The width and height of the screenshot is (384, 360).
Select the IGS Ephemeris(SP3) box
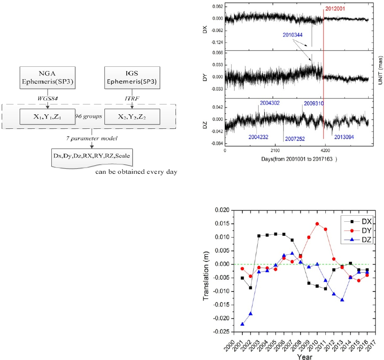pyautogui.click(x=132, y=78)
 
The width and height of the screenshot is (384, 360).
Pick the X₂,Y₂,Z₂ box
pyautogui.click(x=132, y=116)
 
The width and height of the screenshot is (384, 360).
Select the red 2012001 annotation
pyautogui.click(x=337, y=8)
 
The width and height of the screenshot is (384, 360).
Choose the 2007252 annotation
pyautogui.click(x=296, y=140)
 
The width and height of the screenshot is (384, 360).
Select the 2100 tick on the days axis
pyautogui.click(x=275, y=151)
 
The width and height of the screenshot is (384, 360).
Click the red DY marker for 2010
pyautogui.click(x=317, y=223)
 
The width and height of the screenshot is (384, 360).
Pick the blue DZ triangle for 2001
pyautogui.click(x=242, y=324)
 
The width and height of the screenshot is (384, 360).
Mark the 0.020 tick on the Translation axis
pyautogui.click(x=224, y=210)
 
